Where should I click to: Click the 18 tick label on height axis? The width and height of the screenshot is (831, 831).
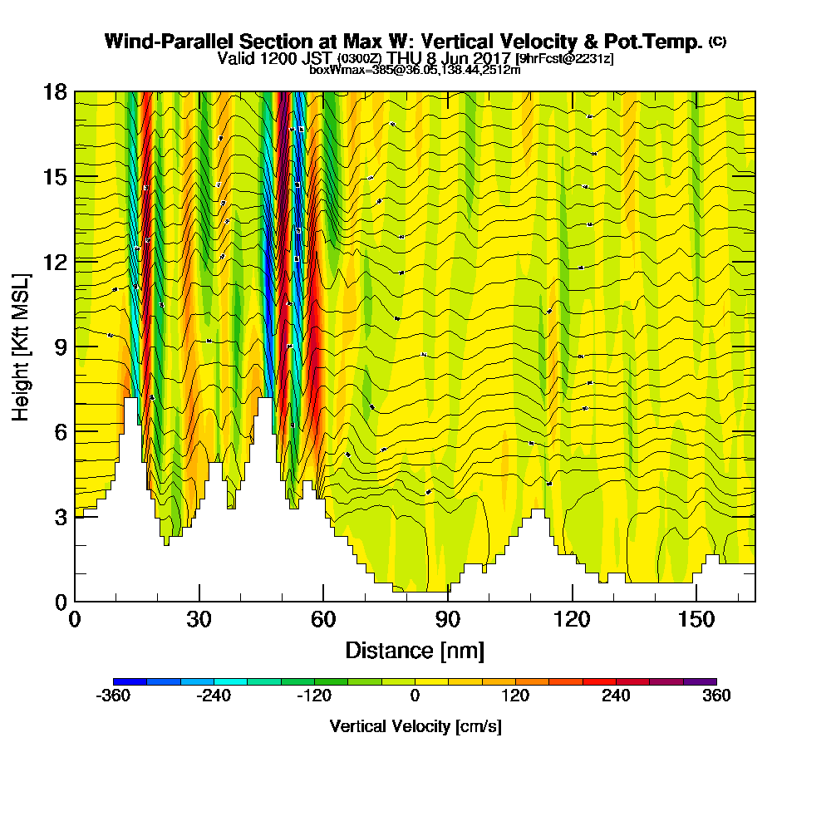[x=55, y=91]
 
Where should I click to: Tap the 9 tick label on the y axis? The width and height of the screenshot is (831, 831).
[x=60, y=347]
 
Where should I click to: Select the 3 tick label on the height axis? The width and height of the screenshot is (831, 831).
[x=60, y=517]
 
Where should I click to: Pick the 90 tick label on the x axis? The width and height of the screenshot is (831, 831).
[x=448, y=620]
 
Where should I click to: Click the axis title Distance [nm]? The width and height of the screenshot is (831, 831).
[x=415, y=649]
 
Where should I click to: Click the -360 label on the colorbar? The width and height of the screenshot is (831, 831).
[x=113, y=696]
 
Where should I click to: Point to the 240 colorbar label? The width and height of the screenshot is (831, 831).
[x=616, y=696]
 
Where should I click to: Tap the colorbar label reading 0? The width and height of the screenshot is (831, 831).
[x=415, y=696]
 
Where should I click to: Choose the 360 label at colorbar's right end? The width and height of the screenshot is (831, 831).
[x=716, y=696]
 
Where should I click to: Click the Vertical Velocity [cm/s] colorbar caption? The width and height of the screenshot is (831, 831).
[x=415, y=726]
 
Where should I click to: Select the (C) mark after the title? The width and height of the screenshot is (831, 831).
[x=717, y=42]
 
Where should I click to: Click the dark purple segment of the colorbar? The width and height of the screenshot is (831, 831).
[x=700, y=681]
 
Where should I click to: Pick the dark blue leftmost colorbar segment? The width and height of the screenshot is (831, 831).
[x=130, y=681]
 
